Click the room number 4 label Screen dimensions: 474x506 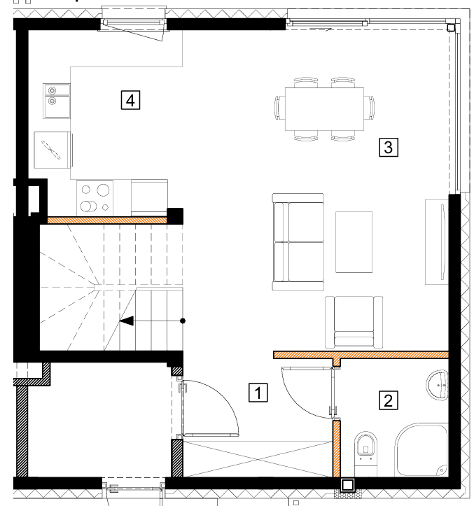pyautogui.click(x=130, y=100)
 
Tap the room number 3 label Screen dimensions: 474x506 pyautogui.click(x=389, y=147)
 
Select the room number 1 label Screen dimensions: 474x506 pyautogui.click(x=258, y=393)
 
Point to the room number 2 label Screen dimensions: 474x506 pyautogui.click(x=389, y=400)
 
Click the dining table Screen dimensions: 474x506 pyautogui.click(x=324, y=109)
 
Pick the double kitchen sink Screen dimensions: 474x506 pyautogui.click(x=57, y=101)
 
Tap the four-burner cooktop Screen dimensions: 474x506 pyautogui.click(x=95, y=198)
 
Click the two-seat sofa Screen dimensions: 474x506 pyautogui.click(x=298, y=242)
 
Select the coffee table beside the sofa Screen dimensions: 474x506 pyautogui.click(x=354, y=242)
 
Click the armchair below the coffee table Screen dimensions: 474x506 pyautogui.click(x=354, y=322)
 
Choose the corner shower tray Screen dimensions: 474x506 pyautogui.click(x=421, y=449)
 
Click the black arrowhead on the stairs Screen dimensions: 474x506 pyautogui.click(x=127, y=321)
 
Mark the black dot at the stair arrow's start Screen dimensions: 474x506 pyautogui.click(x=183, y=321)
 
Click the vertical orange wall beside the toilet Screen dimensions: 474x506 pyautogui.click(x=337, y=449)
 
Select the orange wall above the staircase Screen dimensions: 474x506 pyautogui.click(x=107, y=220)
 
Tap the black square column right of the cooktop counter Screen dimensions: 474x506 pyautogui.click(x=175, y=216)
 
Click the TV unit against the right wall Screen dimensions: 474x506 pyautogui.click(x=437, y=242)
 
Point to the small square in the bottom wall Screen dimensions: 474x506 pyautogui.click(x=348, y=485)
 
